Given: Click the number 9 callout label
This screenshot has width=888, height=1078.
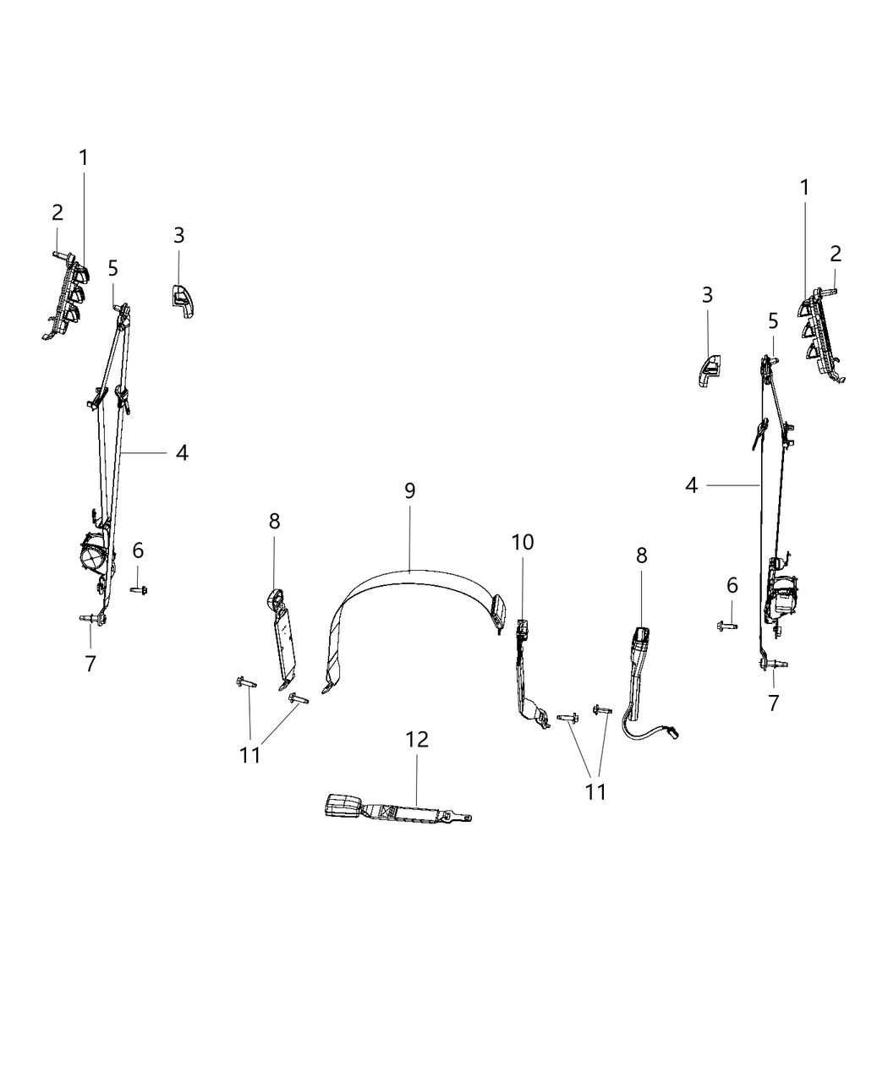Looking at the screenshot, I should pyautogui.click(x=409, y=491).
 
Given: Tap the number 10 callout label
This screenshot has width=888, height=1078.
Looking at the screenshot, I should pyautogui.click(x=523, y=542).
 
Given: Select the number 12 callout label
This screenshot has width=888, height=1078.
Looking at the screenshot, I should pyautogui.click(x=417, y=740).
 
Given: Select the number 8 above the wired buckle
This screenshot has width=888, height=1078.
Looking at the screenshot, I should pyautogui.click(x=642, y=555).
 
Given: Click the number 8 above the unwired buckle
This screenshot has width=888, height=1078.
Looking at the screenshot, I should pyautogui.click(x=274, y=522).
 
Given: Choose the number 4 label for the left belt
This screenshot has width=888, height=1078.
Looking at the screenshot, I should pyautogui.click(x=182, y=453).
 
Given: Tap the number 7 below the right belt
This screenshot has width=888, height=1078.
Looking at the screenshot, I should pyautogui.click(x=773, y=702).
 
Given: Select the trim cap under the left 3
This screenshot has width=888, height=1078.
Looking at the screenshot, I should pyautogui.click(x=181, y=301).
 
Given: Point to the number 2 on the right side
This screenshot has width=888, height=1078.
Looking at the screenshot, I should pyautogui.click(x=836, y=254).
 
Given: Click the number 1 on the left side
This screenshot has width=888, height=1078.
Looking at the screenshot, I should pyautogui.click(x=84, y=158).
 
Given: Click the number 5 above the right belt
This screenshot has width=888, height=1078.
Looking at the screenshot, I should pyautogui.click(x=773, y=321).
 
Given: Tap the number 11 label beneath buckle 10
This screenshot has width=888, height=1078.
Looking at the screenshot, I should pyautogui.click(x=596, y=791).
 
